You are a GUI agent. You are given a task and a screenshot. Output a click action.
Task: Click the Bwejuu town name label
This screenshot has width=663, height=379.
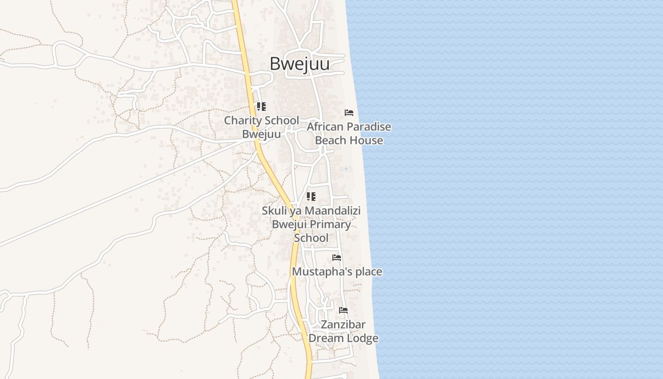point(299,64)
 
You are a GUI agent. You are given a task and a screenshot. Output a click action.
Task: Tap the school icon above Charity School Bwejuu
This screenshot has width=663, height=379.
point(261,107)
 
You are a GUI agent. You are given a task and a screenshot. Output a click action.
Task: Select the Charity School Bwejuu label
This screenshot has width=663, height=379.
point(261,127)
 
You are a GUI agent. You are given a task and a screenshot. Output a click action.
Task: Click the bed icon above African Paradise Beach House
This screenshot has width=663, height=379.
point(349,113)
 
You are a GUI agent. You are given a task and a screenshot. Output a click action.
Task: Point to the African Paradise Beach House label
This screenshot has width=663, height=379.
point(349,134)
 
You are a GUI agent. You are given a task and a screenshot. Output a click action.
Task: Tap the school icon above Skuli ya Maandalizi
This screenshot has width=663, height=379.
point(311,196)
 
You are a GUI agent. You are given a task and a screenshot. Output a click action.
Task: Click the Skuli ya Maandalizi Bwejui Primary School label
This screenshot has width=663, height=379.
point(311,224)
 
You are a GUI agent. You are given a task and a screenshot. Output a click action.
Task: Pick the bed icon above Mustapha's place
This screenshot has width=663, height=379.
point(337,258)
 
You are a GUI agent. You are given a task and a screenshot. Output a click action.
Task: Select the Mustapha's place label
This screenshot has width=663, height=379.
point(337,271)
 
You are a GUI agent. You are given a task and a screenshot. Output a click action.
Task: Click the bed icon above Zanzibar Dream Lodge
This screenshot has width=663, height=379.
point(343,310)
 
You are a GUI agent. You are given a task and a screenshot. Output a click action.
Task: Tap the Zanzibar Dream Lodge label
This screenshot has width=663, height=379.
point(343,331)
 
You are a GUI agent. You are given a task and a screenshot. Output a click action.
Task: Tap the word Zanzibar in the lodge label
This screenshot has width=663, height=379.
point(343,325)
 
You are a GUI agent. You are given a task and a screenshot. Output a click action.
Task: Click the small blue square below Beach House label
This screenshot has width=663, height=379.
point(346,169)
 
